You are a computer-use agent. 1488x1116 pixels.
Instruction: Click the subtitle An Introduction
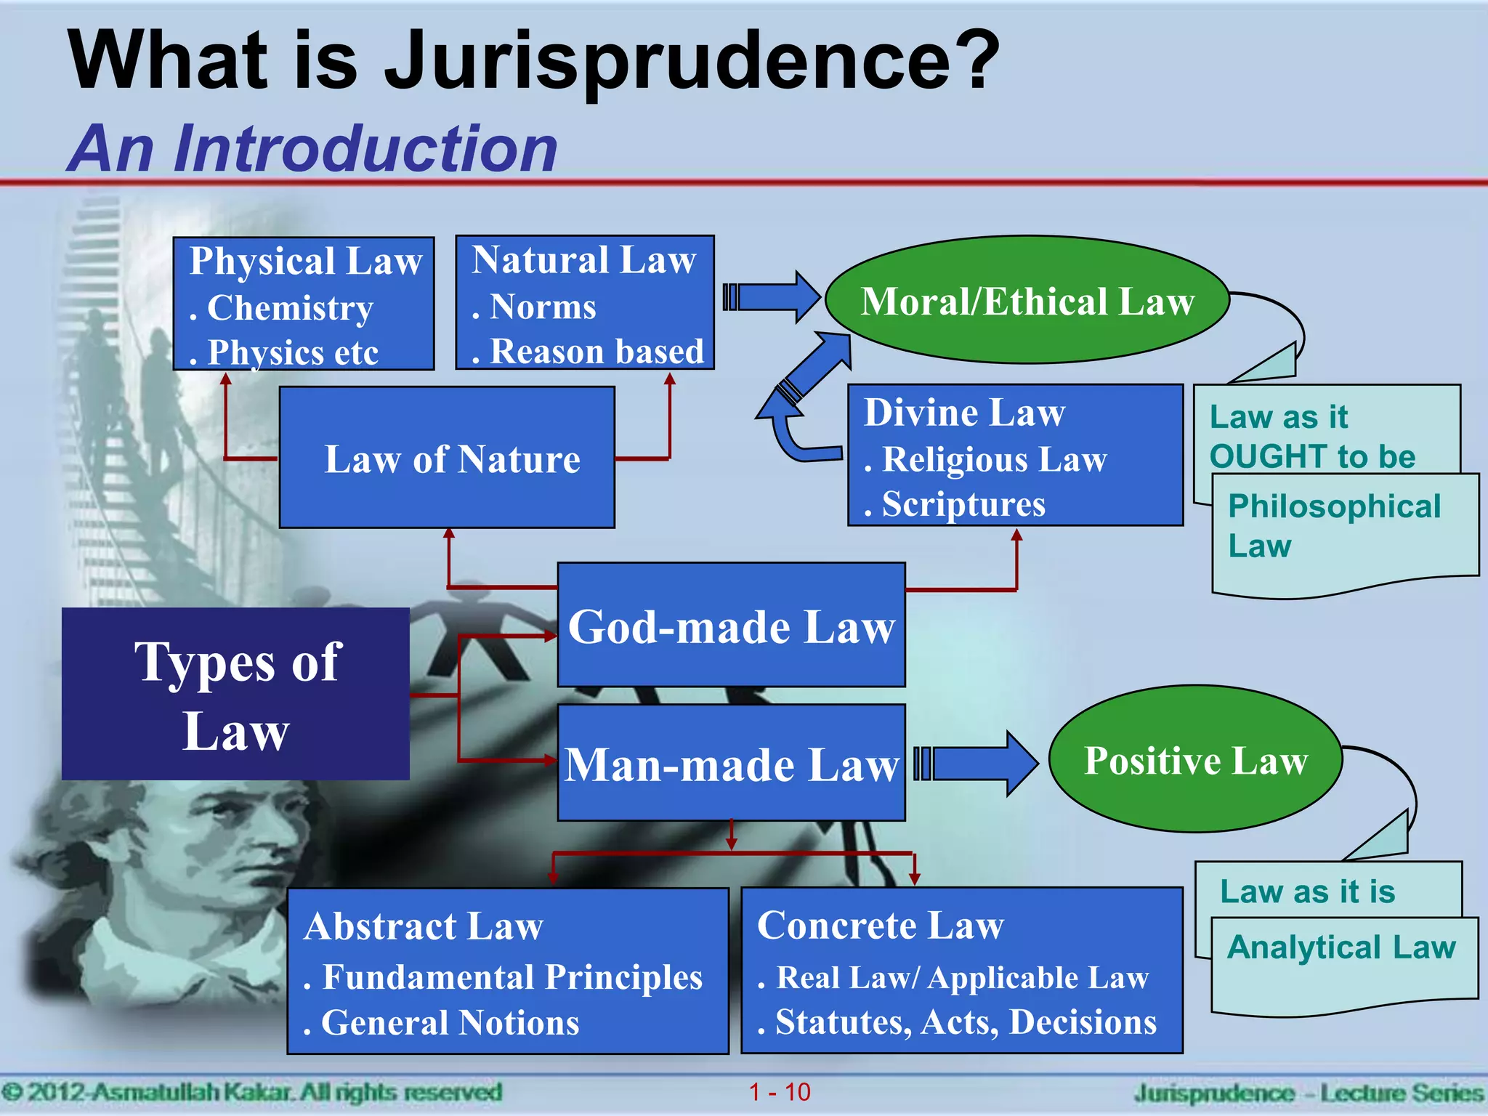(x=312, y=149)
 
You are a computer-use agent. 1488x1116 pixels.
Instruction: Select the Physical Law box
(x=304, y=304)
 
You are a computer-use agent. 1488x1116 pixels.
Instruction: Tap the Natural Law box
(x=585, y=303)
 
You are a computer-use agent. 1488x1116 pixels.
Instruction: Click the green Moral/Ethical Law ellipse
(x=1027, y=300)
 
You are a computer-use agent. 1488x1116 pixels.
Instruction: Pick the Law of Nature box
(x=447, y=458)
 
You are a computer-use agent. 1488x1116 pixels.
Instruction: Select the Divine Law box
(x=1015, y=456)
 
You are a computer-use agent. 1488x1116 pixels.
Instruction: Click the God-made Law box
(x=731, y=626)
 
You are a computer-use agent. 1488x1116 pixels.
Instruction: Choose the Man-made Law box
(x=731, y=763)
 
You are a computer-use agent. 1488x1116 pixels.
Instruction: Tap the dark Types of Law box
(x=235, y=695)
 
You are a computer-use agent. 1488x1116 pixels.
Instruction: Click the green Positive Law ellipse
(x=1195, y=759)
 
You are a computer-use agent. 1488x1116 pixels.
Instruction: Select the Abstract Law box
(x=508, y=971)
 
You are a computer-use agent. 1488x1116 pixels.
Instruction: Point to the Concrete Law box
(x=961, y=971)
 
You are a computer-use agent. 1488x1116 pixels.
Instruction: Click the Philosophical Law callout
(x=1344, y=534)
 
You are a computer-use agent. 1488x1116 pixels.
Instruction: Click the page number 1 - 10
(x=780, y=1092)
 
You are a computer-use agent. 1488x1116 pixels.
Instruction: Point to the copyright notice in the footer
(x=251, y=1092)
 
